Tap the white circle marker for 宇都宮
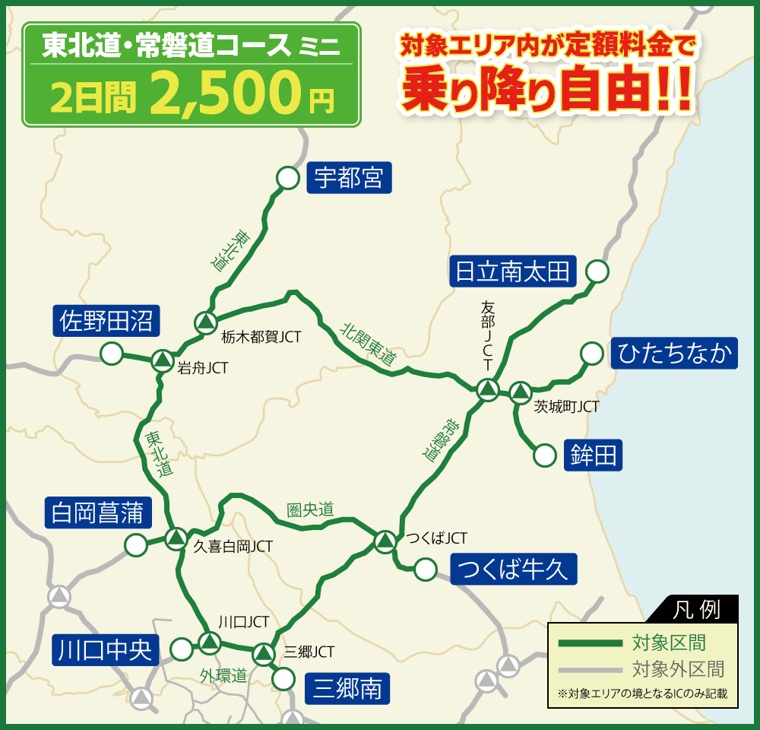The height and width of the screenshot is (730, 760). coord(287,178)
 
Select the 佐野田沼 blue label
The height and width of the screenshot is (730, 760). coord(106,322)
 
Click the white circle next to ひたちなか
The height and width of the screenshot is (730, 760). coord(591,354)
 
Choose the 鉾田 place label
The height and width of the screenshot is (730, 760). coord(593,455)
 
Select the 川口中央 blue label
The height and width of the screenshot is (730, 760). coord(106,650)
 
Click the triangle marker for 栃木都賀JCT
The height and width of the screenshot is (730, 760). coord(205,322)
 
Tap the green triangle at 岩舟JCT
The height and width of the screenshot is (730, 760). coord(161,360)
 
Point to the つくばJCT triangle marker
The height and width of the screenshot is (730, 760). coord(385,541)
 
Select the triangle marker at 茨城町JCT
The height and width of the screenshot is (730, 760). coord(520,392)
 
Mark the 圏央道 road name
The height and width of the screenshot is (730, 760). coord(310,509)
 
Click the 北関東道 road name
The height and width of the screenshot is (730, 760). coord(368,344)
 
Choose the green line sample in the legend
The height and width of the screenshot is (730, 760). coord(590,643)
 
